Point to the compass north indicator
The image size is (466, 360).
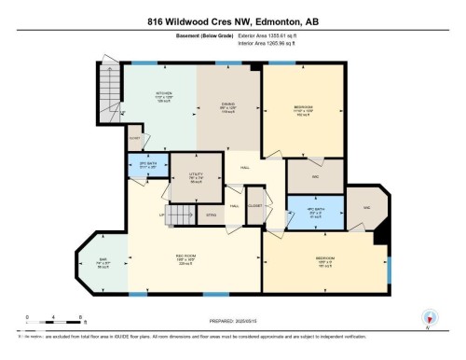[428, 318]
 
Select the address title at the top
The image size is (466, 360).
[233, 21]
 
